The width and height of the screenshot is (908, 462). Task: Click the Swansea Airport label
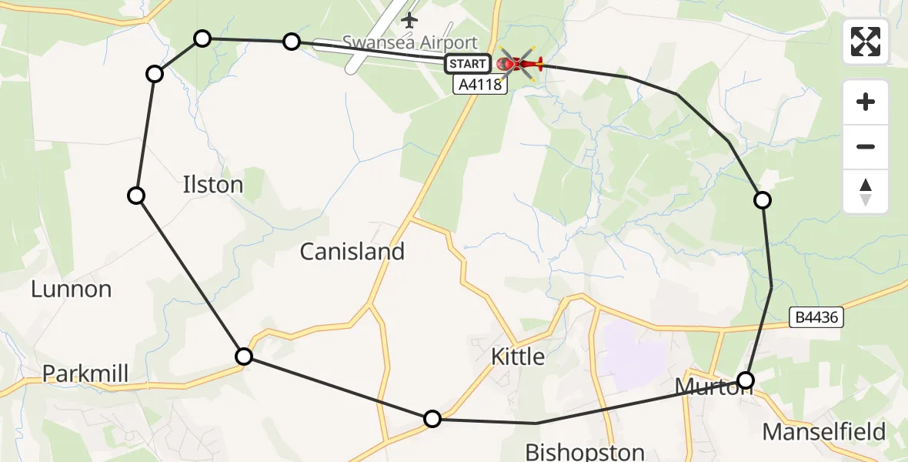click(410, 43)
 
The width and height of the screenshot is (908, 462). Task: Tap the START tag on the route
click(467, 64)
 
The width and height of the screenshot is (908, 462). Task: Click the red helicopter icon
click(520, 64)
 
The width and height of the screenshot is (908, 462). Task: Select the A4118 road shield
click(480, 85)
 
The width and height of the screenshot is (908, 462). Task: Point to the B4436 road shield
click(817, 316)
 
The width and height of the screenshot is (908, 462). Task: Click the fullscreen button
click(866, 42)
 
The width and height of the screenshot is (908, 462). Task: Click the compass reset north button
click(866, 192)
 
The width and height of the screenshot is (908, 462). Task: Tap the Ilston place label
click(213, 185)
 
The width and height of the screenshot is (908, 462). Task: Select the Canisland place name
click(352, 251)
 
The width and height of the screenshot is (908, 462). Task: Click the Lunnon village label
click(72, 290)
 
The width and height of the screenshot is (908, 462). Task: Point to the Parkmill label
click(85, 373)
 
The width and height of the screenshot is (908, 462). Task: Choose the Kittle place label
click(518, 357)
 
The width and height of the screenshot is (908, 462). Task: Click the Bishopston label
click(584, 450)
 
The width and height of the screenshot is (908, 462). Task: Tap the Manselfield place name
click(824, 431)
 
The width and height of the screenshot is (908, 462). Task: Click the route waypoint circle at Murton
click(746, 380)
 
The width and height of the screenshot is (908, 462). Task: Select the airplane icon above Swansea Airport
click(409, 18)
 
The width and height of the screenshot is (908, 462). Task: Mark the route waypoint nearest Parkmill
click(244, 356)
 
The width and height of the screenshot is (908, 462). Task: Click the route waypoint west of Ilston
click(136, 196)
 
